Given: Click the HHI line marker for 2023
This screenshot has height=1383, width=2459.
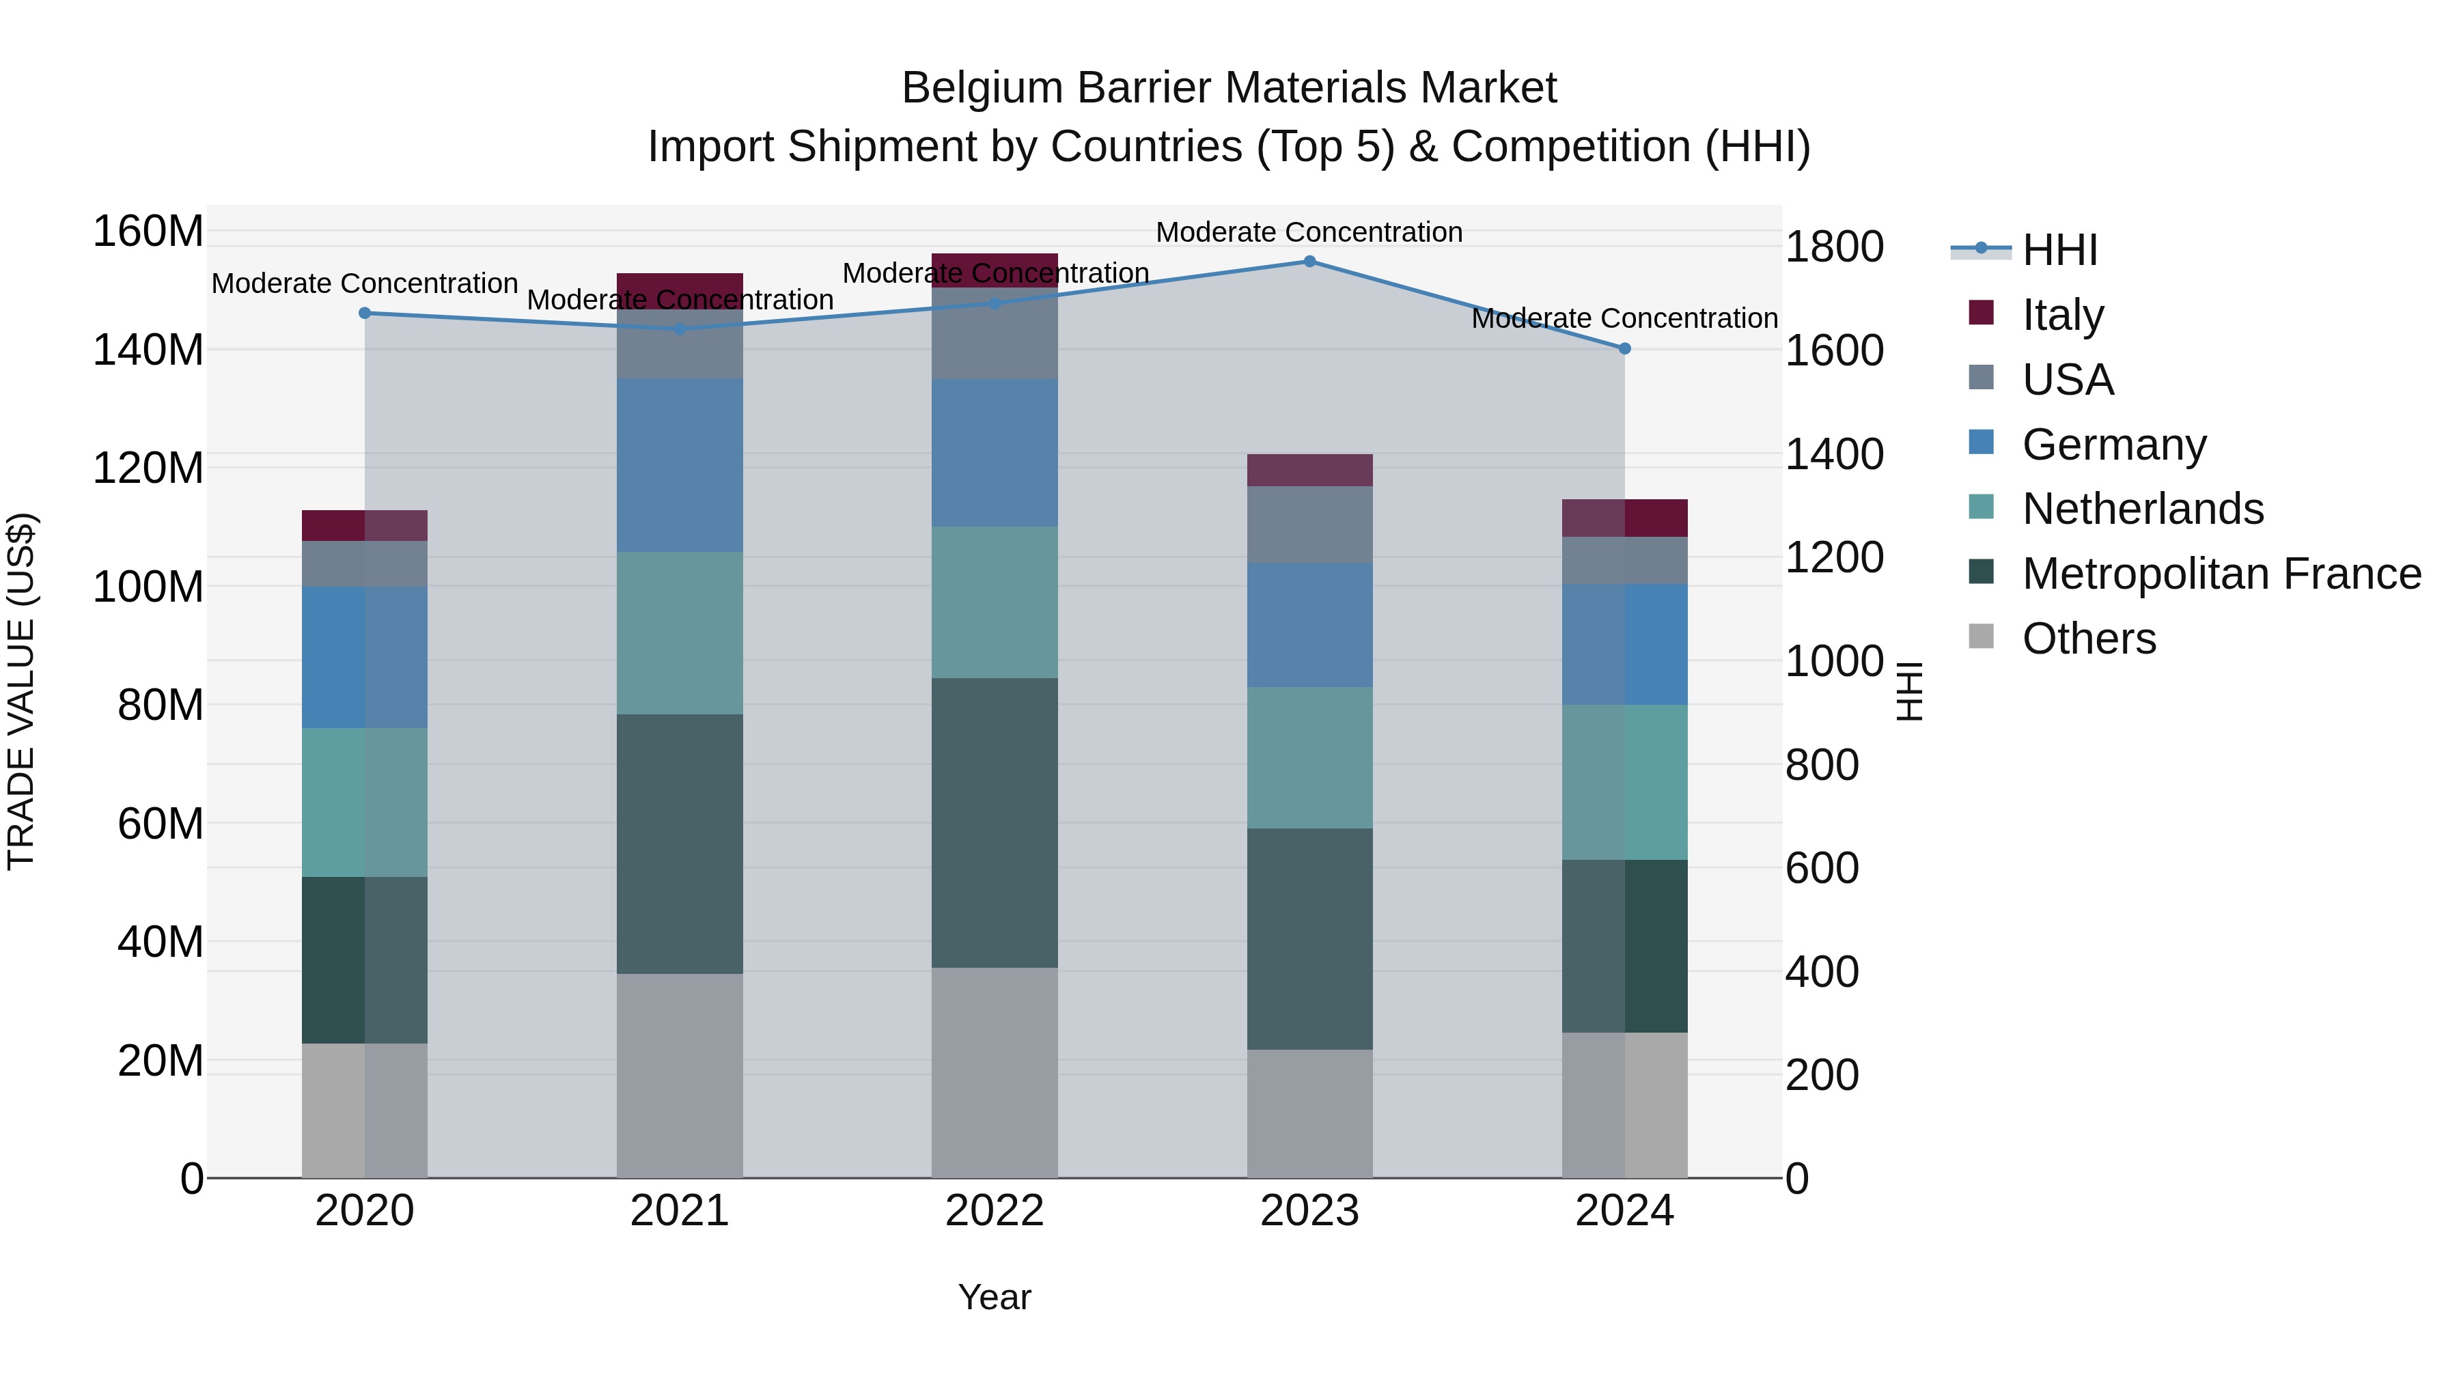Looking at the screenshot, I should coord(1309,262).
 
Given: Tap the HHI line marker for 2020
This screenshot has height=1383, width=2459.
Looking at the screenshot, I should coord(365,313).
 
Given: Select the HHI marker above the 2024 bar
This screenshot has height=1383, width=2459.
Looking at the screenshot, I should coord(1625,348).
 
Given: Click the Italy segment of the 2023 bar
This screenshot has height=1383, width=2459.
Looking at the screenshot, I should coord(1309,471).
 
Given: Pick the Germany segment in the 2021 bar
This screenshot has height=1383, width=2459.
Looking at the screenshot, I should coord(680,465).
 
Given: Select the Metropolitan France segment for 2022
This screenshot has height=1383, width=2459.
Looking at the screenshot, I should coord(995,823).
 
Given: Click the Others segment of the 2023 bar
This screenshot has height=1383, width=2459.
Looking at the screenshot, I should coord(1309,1113).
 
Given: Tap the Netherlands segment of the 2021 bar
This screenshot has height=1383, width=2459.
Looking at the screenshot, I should coord(680,633).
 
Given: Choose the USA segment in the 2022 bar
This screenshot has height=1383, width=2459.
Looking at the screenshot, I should coord(995,333).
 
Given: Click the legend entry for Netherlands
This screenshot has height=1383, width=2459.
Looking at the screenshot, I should coord(2142,509).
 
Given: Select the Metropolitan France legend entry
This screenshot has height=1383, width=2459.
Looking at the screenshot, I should coord(2221,574).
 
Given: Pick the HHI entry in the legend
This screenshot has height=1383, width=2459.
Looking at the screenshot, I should coord(2059,250).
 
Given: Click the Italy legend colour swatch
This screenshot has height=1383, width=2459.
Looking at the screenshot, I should coord(1982,313).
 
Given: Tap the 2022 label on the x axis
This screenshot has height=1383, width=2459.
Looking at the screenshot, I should coord(995,1211).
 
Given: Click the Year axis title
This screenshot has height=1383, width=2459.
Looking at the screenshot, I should coord(995,1297).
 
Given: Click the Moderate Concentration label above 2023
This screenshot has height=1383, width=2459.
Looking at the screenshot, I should coord(1309,232).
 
